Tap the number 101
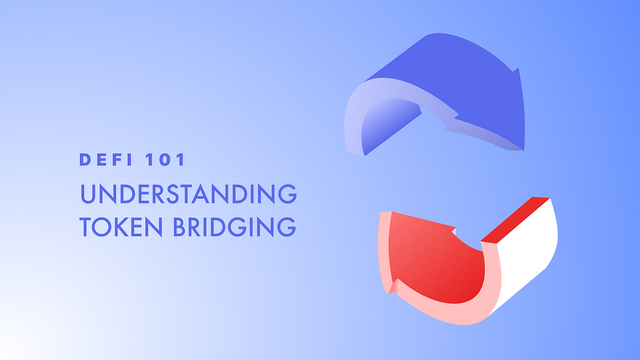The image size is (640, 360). pyautogui.click(x=166, y=159)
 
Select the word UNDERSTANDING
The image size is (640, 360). pyautogui.click(x=188, y=194)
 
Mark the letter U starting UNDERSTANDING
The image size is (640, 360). pyautogui.click(x=89, y=194)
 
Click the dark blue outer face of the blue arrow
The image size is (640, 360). pyautogui.click(x=469, y=85)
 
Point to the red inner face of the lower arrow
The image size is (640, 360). pyautogui.click(x=437, y=261)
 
